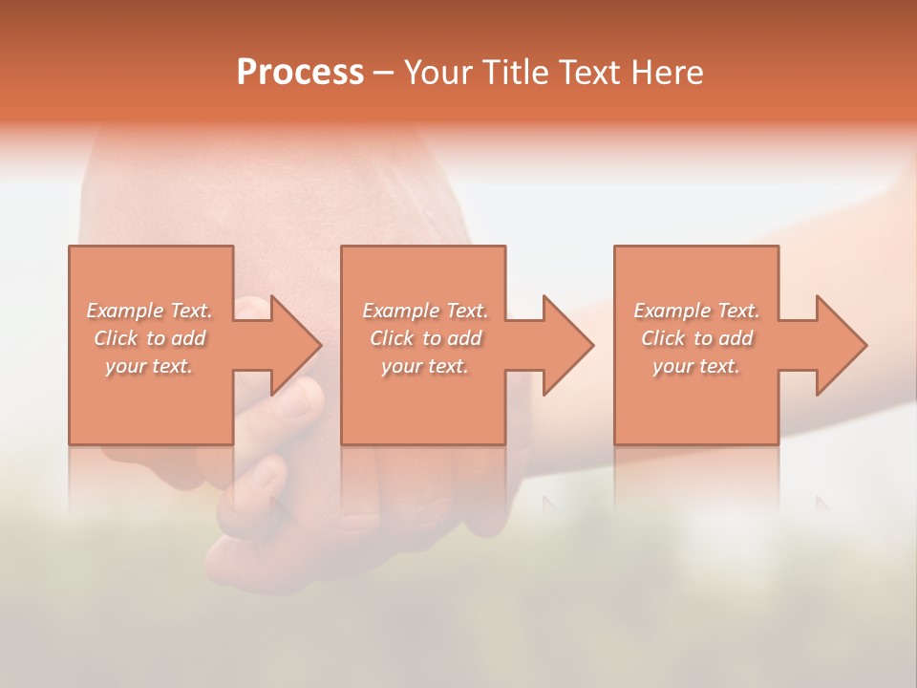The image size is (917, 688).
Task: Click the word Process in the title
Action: (300, 73)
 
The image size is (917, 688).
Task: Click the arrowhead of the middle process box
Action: (566, 345)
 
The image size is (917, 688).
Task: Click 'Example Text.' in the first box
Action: (149, 311)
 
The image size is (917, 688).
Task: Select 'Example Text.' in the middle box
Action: (424, 311)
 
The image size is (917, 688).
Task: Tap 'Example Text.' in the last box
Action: (695, 311)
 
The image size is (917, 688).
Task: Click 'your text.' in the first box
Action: (149, 366)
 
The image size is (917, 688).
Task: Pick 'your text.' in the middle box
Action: (424, 366)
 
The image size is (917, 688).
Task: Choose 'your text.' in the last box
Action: (695, 366)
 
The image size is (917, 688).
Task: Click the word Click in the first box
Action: (116, 338)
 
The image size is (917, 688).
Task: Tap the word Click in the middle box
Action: (392, 338)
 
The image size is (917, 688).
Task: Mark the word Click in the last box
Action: (663, 338)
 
